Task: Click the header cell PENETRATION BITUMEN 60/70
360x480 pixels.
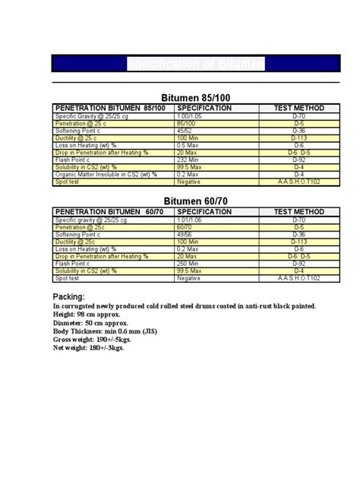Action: click(x=106, y=210)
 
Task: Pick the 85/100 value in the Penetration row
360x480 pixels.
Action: click(x=185, y=123)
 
